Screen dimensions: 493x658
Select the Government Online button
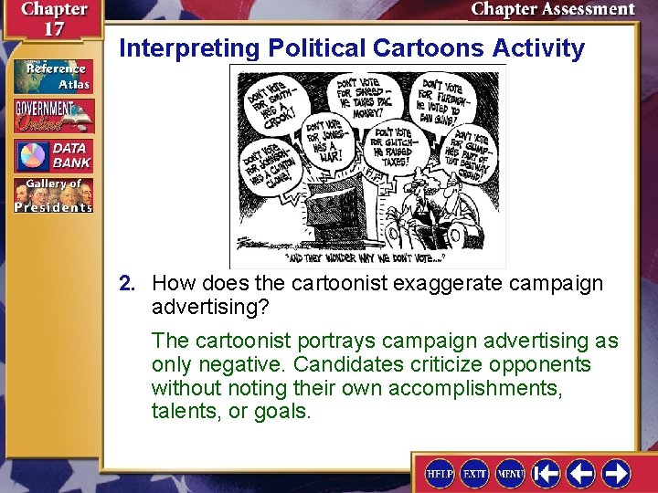tap(53, 116)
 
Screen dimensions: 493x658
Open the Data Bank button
tap(53, 155)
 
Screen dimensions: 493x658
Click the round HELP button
tap(440, 473)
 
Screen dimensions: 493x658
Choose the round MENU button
tap(509, 473)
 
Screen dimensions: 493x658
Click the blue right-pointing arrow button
tap(615, 473)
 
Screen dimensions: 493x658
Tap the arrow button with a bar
tap(547, 473)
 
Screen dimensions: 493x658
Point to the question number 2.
tap(126, 283)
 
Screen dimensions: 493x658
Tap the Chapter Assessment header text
tap(552, 10)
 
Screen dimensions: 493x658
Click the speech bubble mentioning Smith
tap(270, 95)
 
